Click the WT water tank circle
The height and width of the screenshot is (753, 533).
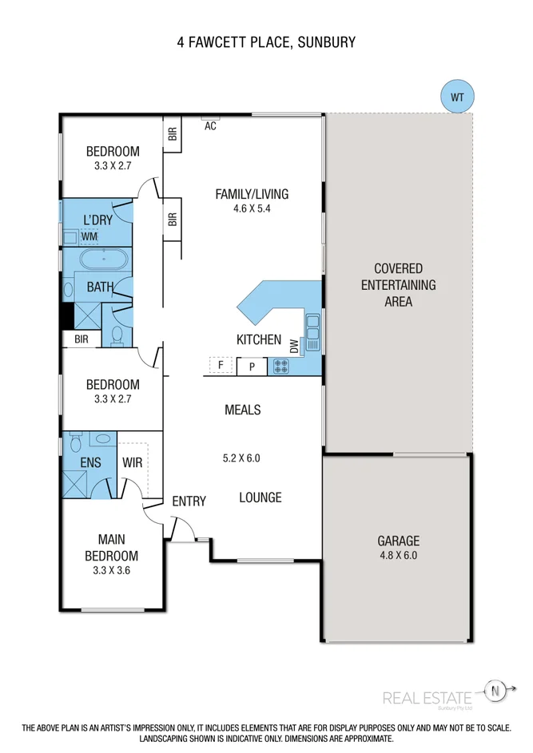(457, 97)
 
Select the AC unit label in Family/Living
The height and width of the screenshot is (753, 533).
(211, 126)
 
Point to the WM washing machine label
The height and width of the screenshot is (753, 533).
(89, 236)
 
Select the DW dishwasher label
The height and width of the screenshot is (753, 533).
(294, 346)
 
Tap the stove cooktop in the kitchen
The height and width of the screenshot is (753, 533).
(280, 367)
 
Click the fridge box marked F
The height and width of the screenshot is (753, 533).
(221, 366)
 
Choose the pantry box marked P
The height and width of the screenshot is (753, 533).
(252, 367)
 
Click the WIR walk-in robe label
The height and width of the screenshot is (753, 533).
(132, 462)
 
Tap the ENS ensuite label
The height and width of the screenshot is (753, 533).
(90, 462)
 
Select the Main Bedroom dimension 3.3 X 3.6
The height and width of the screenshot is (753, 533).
(113, 571)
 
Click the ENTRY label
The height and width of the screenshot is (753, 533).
(189, 501)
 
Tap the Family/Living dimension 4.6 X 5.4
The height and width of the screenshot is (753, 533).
(251, 209)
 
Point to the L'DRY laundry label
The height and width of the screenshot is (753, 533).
(101, 220)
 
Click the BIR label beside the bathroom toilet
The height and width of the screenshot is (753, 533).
(82, 339)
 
